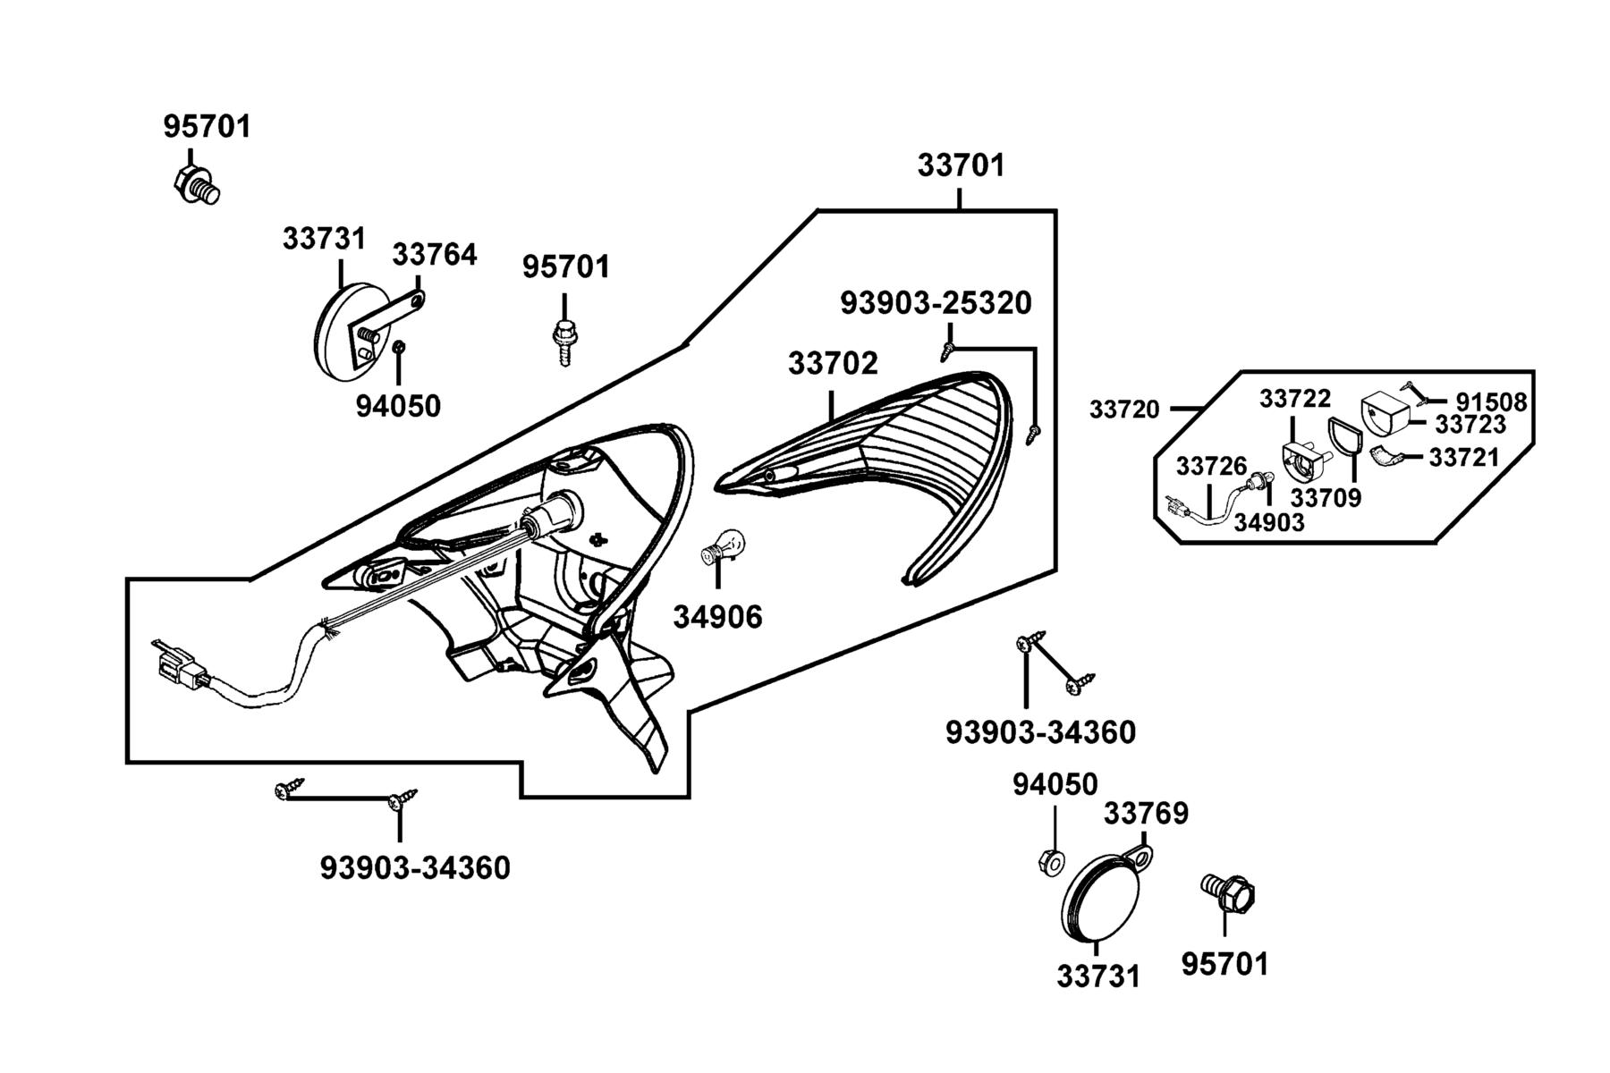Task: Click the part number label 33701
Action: point(961,165)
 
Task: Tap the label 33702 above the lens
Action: point(833,363)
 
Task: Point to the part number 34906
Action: point(717,616)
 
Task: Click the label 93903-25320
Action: point(936,303)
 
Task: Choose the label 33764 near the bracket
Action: point(435,255)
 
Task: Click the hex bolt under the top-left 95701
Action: point(196,182)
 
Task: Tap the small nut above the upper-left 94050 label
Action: point(400,347)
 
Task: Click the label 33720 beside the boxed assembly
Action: point(1124,410)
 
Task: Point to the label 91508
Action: point(1491,402)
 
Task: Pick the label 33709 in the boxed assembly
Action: point(1326,497)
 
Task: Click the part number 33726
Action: point(1211,466)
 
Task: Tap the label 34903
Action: point(1269,522)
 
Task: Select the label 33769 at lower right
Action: point(1146,814)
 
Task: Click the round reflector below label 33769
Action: point(1103,897)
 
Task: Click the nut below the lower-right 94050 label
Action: point(1052,862)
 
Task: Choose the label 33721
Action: point(1463,458)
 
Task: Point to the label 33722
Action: point(1295,398)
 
